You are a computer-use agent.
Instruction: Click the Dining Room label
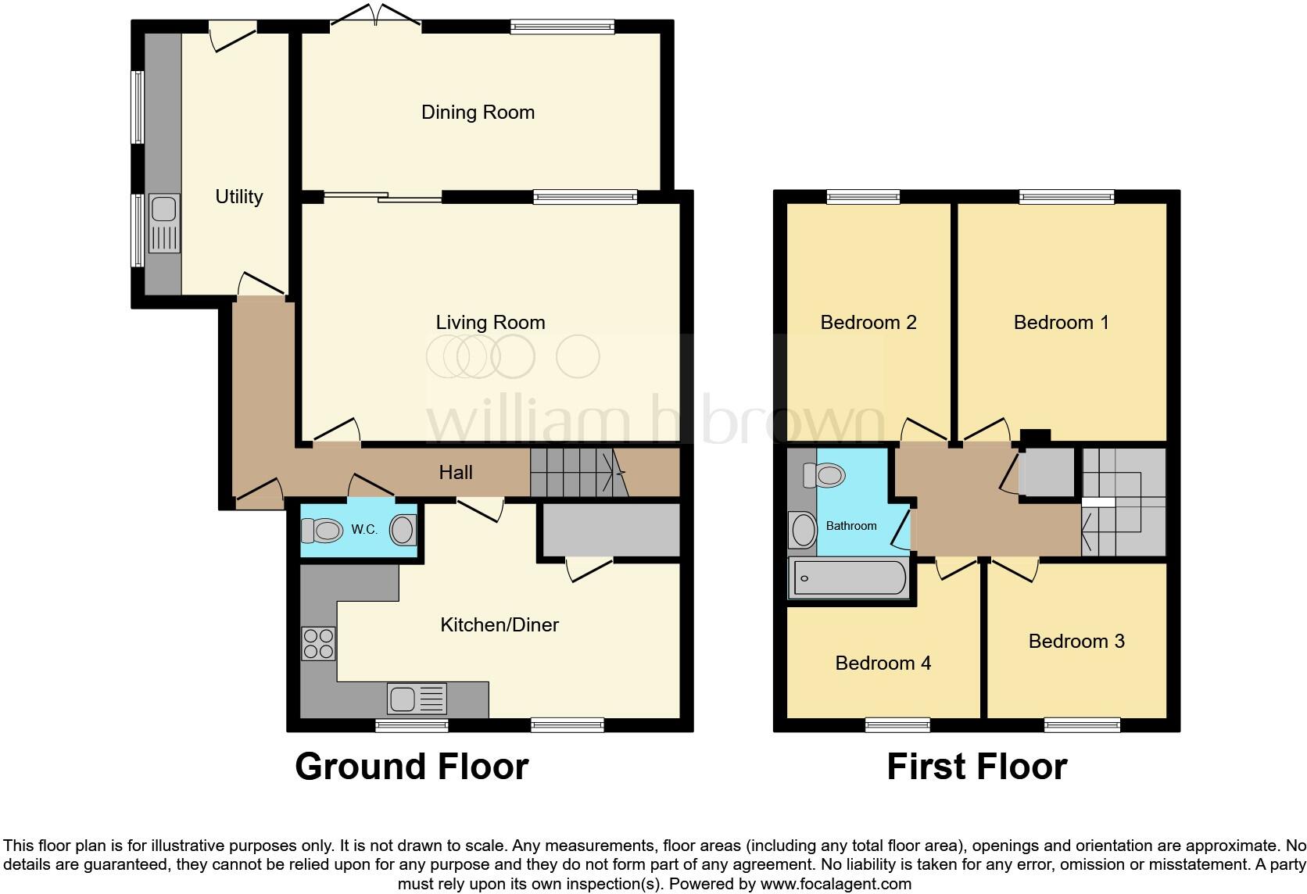478,113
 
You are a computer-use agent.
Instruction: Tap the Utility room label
238,197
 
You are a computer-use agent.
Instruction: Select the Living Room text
490,323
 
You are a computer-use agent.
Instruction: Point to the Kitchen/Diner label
500,625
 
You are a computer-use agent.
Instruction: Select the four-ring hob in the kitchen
318,644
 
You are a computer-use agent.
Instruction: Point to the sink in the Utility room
164,224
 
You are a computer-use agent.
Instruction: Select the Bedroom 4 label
883,663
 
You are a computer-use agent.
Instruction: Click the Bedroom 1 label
1061,323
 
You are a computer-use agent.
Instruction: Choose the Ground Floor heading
412,767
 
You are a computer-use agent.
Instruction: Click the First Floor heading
976,767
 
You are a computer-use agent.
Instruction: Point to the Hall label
456,473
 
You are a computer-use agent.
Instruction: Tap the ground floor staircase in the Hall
578,472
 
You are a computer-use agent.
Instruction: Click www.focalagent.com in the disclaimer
836,885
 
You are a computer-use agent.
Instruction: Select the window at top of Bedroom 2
863,197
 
